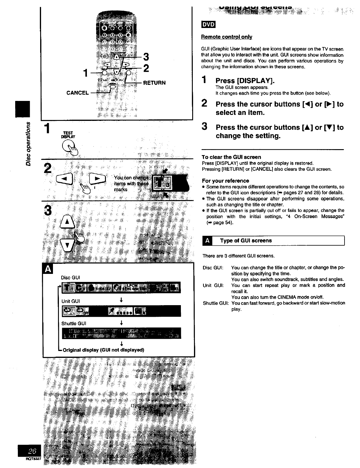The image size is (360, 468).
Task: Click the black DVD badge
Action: pyautogui.click(x=208, y=25)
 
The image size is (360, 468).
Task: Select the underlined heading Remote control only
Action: pyautogui.click(x=227, y=37)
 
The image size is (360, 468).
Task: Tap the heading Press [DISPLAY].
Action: pyautogui.click(x=245, y=81)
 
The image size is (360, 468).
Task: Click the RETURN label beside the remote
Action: pyautogui.click(x=154, y=82)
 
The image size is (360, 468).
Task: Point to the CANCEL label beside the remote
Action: pyautogui.click(x=77, y=93)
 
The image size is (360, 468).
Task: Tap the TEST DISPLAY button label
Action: pyautogui.click(x=68, y=135)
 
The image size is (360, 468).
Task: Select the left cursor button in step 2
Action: pyautogui.click(x=65, y=180)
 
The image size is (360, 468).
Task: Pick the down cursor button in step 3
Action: pyautogui.click(x=67, y=245)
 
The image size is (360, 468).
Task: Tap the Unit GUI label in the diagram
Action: pyautogui.click(x=71, y=301)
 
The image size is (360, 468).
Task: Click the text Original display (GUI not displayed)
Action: pyautogui.click(x=103, y=350)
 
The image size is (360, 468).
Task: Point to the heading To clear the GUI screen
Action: pyautogui.click(x=231, y=157)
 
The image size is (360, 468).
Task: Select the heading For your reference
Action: pyautogui.click(x=226, y=181)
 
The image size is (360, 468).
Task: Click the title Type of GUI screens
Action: pyautogui.click(x=246, y=241)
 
